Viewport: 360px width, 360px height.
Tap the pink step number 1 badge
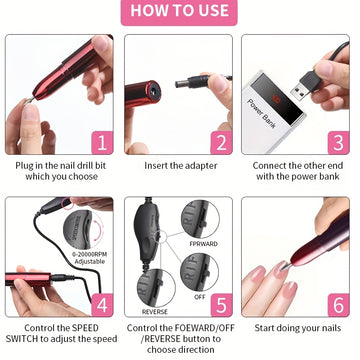[x=102, y=143]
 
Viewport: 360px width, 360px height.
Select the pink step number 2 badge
[x=221, y=143]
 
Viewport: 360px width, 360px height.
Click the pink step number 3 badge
[x=338, y=143]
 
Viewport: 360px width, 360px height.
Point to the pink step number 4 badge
[x=102, y=305]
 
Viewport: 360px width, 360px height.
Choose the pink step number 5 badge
[x=221, y=305]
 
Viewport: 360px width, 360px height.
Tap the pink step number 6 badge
[x=338, y=305]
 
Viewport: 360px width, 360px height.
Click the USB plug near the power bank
[x=305, y=85]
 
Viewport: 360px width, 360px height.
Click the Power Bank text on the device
[x=261, y=114]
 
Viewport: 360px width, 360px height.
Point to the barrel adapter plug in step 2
[x=193, y=82]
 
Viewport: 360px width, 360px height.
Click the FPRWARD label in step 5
[x=203, y=244]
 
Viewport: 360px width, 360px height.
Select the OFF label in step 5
[x=200, y=296]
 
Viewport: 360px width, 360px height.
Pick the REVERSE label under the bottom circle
[x=155, y=312]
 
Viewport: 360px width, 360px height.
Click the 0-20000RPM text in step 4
[x=90, y=255]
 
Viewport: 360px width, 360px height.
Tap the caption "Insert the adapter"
[x=181, y=166]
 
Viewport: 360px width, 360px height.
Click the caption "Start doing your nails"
[x=298, y=328]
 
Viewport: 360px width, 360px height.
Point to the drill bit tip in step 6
[x=282, y=268]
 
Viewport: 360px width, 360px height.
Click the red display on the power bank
[x=275, y=98]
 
